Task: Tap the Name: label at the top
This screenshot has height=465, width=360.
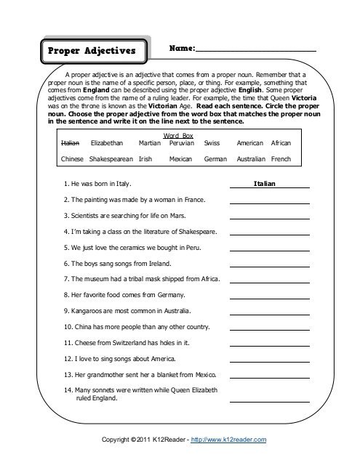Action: click(182, 48)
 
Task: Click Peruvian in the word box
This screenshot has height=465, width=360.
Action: click(181, 143)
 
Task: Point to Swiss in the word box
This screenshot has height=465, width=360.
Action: click(212, 143)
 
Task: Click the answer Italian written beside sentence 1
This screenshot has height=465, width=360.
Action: click(265, 185)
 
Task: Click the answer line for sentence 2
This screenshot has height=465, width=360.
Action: click(270, 203)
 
